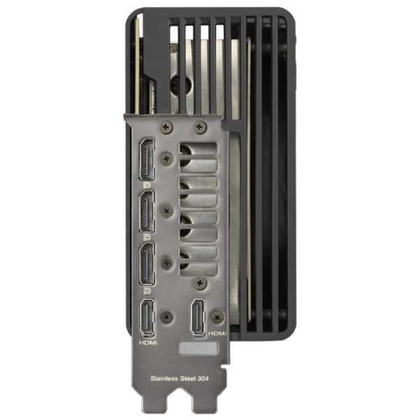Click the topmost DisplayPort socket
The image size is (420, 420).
pos(146,159)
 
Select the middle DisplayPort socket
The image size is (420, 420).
pos(146,211)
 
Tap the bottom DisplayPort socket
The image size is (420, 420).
pos(146,264)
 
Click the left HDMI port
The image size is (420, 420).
pos(147,317)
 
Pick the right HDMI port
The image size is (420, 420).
pos(198,317)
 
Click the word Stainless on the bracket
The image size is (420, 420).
pos(164,379)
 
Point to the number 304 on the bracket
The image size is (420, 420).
pos(203,379)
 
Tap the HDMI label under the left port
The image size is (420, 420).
pos(148,342)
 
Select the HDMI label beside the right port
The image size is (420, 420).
pos(217,333)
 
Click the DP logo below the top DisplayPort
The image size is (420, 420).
pos(147,185)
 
